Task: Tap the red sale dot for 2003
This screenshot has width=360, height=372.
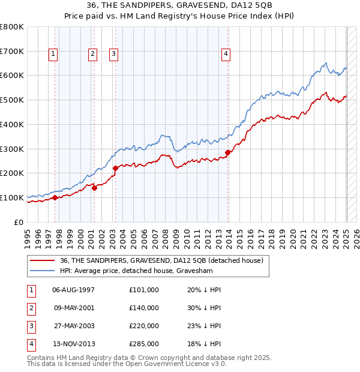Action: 115,168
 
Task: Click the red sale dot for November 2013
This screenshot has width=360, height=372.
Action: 228,152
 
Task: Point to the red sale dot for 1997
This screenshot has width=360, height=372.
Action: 55,197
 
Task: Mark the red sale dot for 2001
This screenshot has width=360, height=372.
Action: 95,188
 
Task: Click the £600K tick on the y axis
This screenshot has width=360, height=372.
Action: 13,76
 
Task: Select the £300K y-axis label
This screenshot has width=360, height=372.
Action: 13,149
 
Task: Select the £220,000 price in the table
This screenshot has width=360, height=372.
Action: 144,326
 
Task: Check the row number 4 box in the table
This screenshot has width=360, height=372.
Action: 31,344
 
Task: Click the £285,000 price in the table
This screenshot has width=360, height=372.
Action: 144,344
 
